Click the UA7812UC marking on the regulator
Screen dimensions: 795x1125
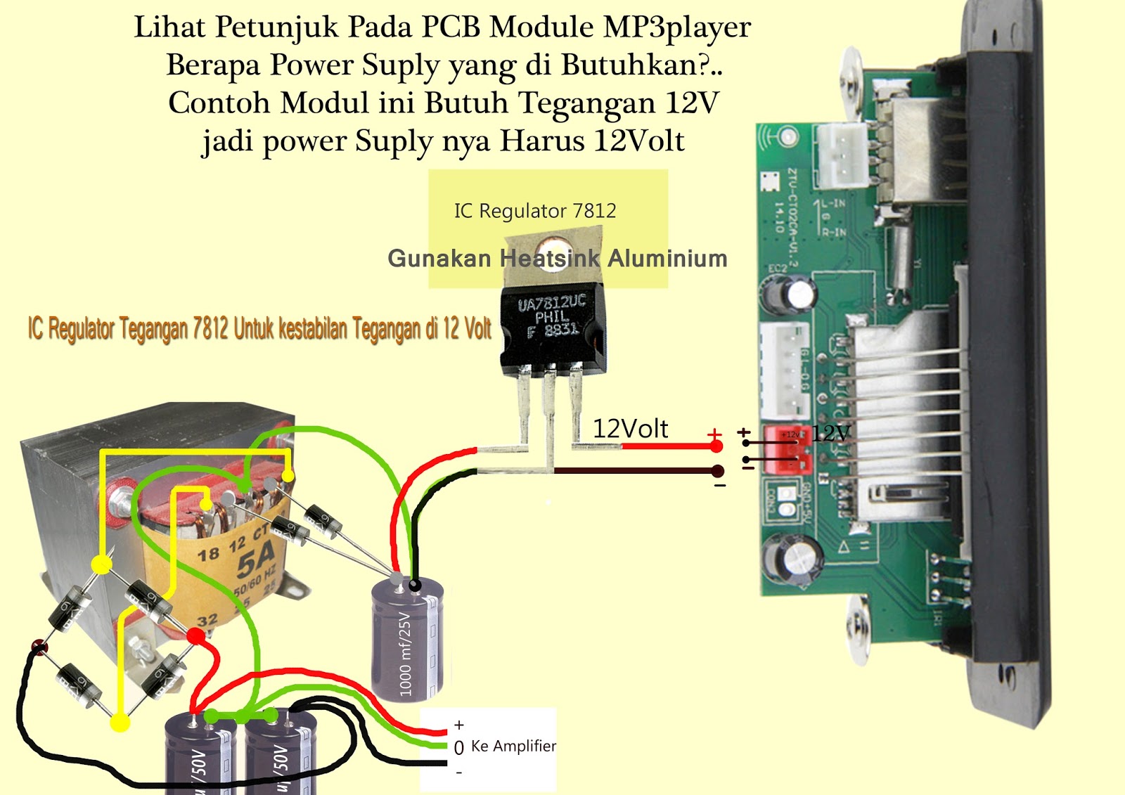[552, 304]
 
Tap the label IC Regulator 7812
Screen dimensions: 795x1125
[535, 211]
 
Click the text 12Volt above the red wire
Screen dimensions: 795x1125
[630, 429]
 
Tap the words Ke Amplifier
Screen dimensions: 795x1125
[513, 746]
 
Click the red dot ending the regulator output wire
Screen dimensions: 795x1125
[716, 446]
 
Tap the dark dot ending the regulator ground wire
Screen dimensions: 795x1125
[717, 471]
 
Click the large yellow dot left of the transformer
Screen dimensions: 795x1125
[102, 564]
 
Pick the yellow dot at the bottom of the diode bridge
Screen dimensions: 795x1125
[120, 722]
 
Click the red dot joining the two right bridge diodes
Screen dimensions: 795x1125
[195, 637]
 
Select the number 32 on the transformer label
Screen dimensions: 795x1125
[207, 621]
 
